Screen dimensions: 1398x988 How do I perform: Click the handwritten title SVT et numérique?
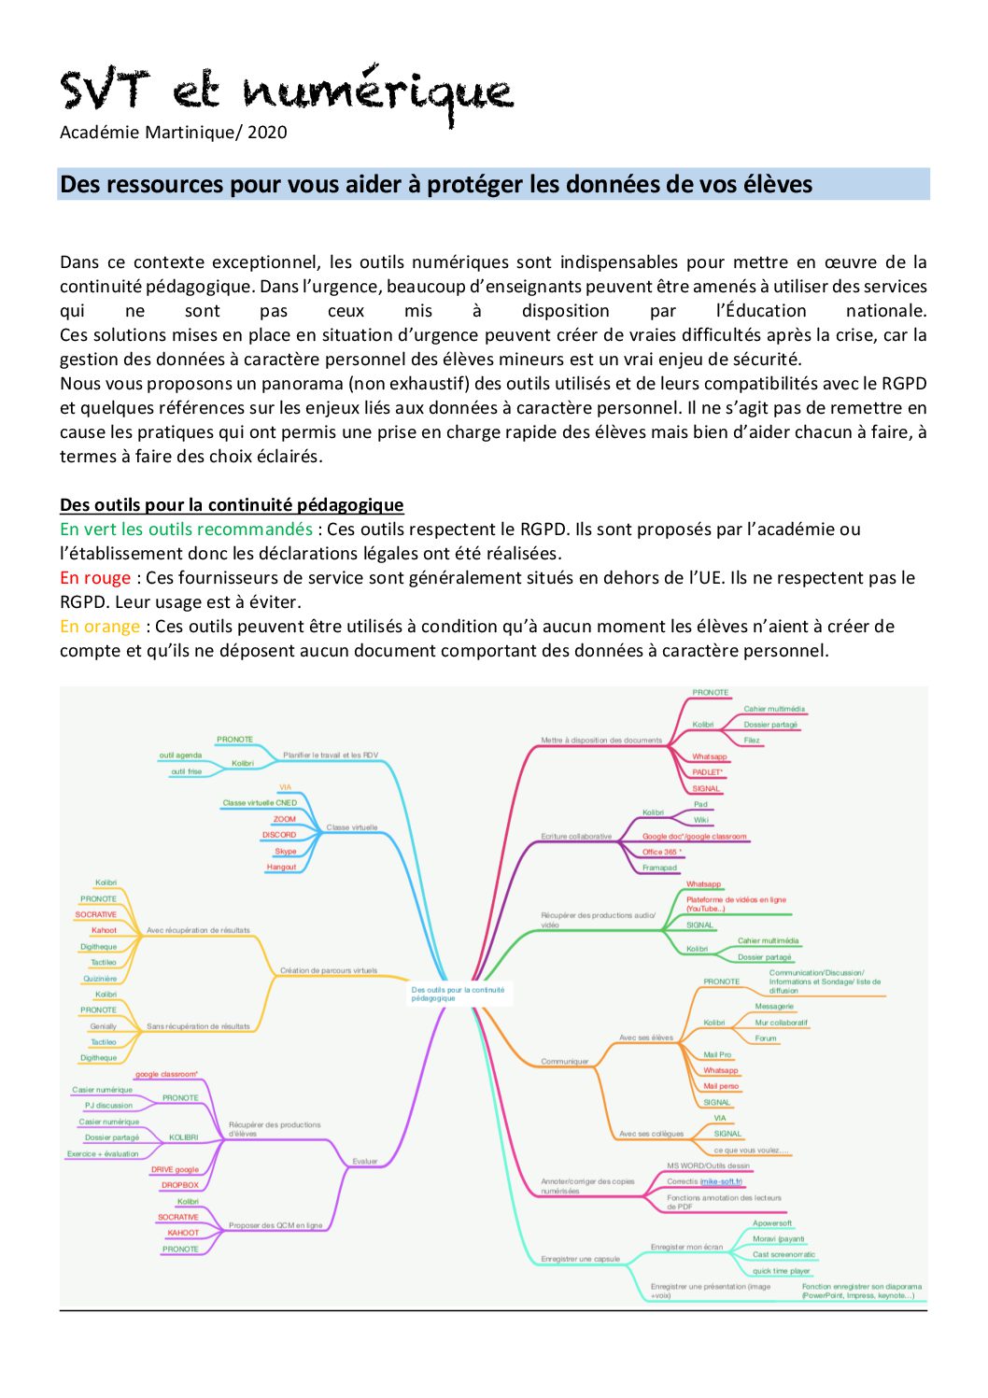(286, 92)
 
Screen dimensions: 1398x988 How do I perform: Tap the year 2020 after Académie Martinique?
(267, 133)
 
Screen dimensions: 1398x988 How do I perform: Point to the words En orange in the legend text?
(100, 627)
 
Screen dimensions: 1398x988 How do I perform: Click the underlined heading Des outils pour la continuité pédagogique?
(232, 505)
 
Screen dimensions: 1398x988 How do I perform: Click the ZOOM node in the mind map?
(284, 819)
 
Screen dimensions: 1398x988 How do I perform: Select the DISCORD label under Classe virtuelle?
(279, 835)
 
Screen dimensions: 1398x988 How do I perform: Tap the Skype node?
(285, 851)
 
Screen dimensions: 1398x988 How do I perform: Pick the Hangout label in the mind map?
(281, 867)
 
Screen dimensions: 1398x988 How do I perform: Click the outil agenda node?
(180, 755)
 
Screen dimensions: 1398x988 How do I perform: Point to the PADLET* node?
(708, 772)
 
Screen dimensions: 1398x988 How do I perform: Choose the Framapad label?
(659, 868)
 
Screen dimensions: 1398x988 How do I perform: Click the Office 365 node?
(662, 852)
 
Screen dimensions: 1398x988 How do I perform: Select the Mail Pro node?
(717, 1054)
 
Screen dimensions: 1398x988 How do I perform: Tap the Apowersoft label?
(772, 1223)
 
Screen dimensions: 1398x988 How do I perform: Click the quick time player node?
(782, 1271)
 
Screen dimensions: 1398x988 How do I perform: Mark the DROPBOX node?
(180, 1185)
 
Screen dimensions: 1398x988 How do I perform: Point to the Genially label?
(103, 1026)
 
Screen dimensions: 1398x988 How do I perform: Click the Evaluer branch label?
(365, 1162)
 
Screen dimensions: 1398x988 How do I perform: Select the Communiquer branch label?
(565, 1062)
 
